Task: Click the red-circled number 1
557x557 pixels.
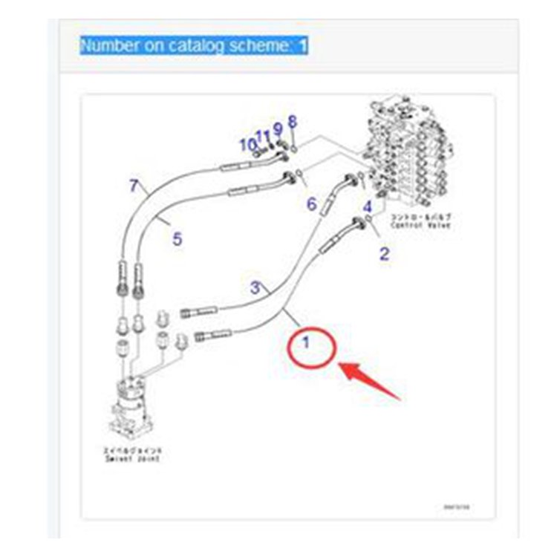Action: [306, 344]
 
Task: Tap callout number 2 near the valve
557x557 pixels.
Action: [384, 254]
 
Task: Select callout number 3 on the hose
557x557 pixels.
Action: [255, 286]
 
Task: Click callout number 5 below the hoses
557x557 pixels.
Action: [177, 239]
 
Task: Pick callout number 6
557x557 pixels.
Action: [311, 203]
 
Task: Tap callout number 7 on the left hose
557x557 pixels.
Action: [134, 186]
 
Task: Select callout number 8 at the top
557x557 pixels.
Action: [293, 120]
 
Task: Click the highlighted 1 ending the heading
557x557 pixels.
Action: [303, 45]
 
